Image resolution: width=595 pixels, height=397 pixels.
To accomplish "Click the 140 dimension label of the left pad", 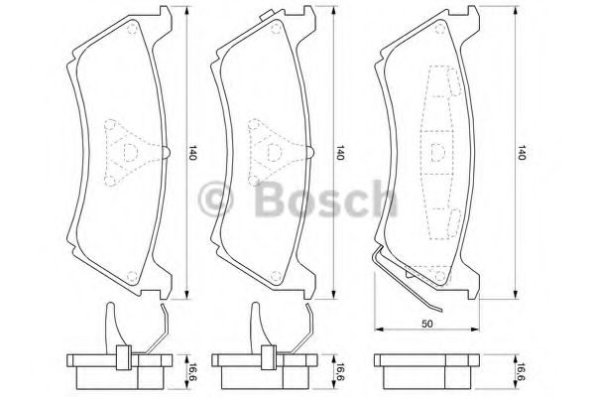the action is tap(192, 152).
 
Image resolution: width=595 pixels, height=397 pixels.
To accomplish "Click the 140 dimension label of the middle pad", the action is tap(340, 152).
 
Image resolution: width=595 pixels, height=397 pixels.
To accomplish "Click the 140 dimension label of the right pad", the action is tap(522, 152).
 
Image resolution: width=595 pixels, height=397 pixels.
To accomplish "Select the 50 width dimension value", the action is tap(427, 324).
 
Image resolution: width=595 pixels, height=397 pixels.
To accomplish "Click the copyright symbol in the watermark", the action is tap(215, 198).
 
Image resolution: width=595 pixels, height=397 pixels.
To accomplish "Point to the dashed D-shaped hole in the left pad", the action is tap(130, 152).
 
